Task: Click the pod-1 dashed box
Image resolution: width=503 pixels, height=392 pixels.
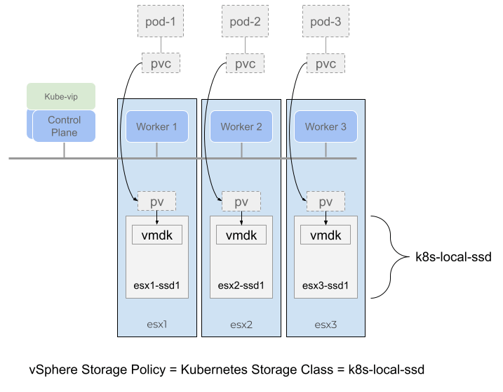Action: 159,22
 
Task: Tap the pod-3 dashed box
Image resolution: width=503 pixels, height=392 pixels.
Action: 326,22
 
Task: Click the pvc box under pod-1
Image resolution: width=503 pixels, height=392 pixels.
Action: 161,64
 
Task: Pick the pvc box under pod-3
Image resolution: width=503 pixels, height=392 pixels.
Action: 326,64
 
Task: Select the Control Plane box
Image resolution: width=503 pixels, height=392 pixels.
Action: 64,126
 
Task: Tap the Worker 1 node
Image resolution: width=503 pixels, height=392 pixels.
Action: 157,126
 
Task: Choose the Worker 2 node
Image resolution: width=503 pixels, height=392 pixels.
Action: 241,126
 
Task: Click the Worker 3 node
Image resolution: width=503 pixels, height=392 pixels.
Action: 326,126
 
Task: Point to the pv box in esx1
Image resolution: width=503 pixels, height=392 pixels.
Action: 156,202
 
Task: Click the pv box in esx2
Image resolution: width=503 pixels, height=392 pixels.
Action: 241,202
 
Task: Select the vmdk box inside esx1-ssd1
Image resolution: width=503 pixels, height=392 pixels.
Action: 157,235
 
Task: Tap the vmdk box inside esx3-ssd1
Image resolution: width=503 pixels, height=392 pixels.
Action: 326,235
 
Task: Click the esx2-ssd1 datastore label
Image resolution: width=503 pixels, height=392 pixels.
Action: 241,285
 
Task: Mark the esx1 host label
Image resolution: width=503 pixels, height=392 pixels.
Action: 157,325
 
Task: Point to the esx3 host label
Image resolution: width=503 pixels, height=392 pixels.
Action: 326,325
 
